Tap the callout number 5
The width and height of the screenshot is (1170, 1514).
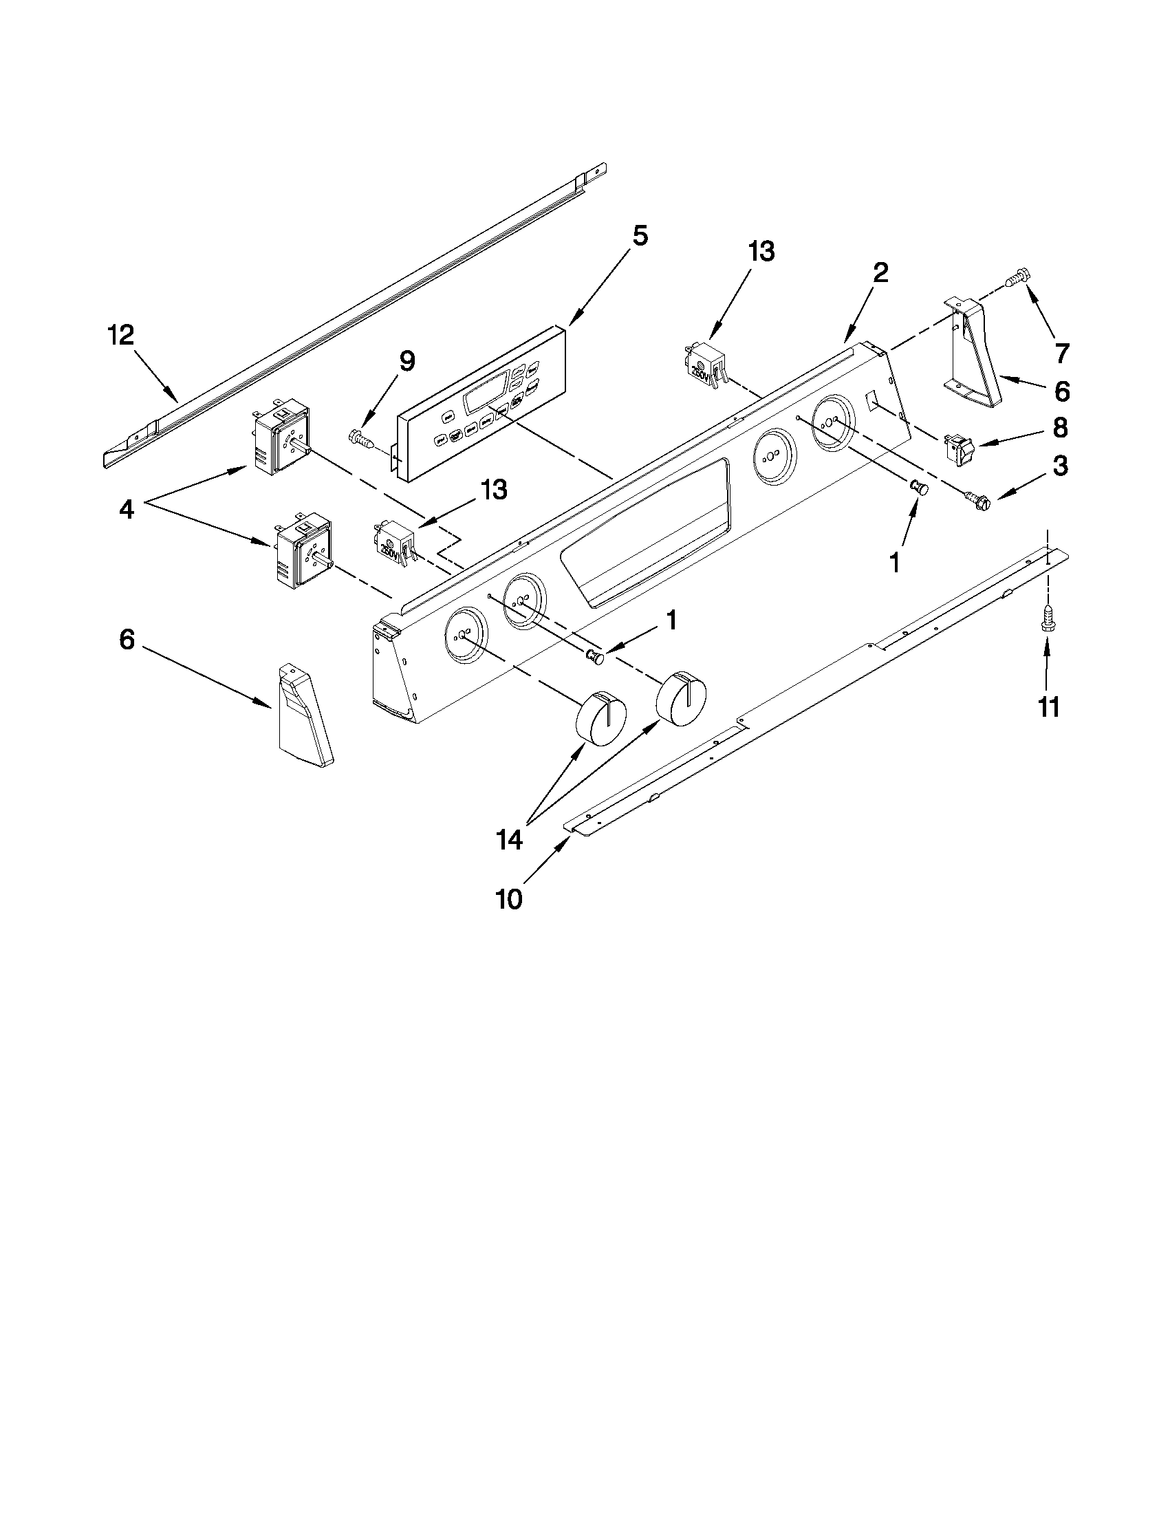pos(640,237)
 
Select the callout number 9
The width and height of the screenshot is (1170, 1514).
pos(407,361)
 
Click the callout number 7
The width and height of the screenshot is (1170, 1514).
pos(1061,353)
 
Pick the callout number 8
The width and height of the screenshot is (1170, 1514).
pos(1060,428)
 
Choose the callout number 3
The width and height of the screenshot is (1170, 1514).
pos(1060,466)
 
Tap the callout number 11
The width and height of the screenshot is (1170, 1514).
pos(1048,708)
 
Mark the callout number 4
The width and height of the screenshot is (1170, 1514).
pos(126,510)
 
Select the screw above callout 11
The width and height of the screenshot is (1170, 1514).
pos(1048,616)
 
